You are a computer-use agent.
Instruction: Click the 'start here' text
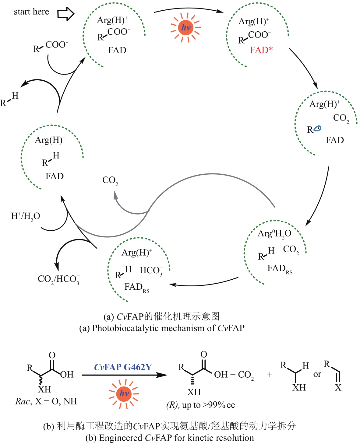[31, 12]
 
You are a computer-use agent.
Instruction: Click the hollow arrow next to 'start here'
[66, 13]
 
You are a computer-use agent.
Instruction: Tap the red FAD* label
[261, 50]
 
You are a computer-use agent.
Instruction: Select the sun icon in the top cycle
[185, 28]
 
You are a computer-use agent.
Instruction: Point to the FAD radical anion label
[337, 140]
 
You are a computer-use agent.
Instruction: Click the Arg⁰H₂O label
[274, 234]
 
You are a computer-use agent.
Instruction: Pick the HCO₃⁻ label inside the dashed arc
[151, 271]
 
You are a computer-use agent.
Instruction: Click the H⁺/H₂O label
[26, 216]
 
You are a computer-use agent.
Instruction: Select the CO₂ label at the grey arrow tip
[110, 180]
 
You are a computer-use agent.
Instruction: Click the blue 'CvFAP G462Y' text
[123, 367]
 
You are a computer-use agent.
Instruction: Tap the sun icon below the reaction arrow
[124, 393]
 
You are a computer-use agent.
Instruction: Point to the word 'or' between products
[317, 374]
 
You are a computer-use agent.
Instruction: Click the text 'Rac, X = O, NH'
[46, 401]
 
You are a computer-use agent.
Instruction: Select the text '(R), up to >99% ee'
[201, 405]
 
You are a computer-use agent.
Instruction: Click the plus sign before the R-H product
[270, 375]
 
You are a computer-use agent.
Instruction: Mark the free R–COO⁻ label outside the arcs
[51, 46]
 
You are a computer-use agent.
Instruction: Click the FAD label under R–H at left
[55, 177]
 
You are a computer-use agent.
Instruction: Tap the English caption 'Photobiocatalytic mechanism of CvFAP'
[162, 328]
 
